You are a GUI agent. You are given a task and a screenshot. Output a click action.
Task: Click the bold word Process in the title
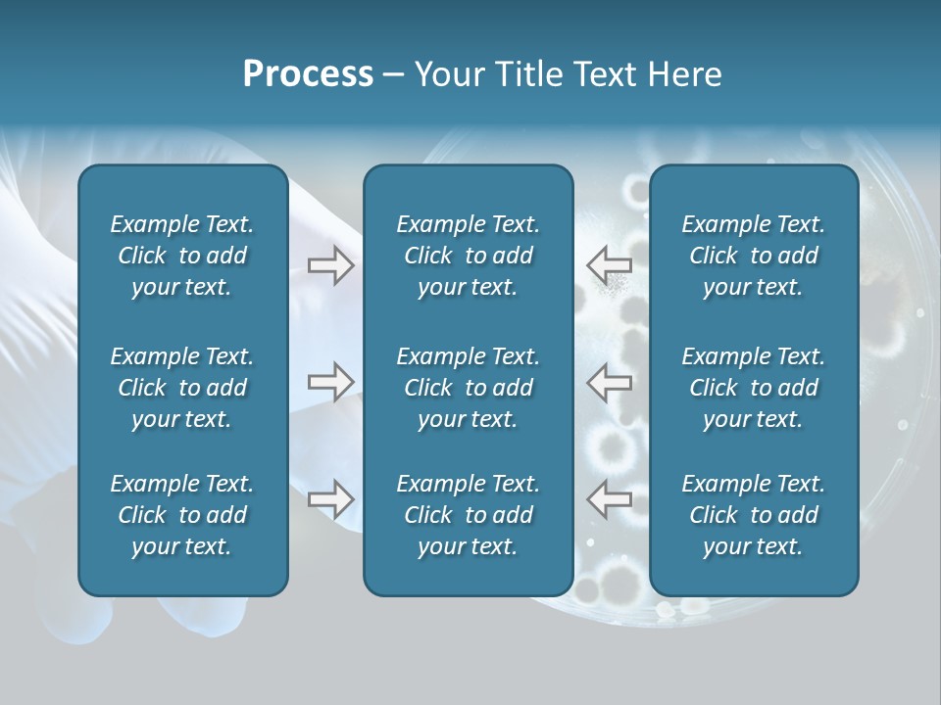click(x=308, y=74)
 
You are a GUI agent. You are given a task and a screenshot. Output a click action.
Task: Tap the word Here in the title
click(x=685, y=74)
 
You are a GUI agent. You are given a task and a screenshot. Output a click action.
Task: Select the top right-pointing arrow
click(x=330, y=265)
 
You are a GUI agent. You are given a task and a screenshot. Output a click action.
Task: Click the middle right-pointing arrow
click(x=330, y=381)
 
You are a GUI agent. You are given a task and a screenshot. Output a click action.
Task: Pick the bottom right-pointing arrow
click(x=330, y=498)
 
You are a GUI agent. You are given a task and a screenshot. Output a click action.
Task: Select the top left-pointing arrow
click(x=609, y=264)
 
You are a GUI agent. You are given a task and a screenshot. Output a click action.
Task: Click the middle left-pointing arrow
click(x=609, y=381)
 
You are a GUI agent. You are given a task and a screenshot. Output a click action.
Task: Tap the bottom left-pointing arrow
click(x=609, y=498)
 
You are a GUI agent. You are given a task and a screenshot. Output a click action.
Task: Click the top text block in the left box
click(x=182, y=256)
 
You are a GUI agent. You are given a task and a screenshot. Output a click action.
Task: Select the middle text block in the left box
click(x=182, y=388)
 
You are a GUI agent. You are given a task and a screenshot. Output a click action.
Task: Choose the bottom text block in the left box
click(x=182, y=515)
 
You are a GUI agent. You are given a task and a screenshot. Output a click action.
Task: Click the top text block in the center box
click(x=468, y=256)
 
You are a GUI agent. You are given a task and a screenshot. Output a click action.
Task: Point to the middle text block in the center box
click(x=468, y=388)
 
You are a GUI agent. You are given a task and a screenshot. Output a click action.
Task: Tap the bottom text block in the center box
click(x=468, y=515)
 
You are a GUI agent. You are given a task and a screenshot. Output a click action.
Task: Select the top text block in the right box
click(x=753, y=256)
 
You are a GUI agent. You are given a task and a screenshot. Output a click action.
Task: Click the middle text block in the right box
click(x=753, y=388)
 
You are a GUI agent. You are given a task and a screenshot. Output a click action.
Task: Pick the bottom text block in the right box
click(x=753, y=515)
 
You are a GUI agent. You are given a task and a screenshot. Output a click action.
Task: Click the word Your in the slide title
click(x=448, y=74)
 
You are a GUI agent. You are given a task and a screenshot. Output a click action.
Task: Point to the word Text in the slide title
click(x=606, y=74)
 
